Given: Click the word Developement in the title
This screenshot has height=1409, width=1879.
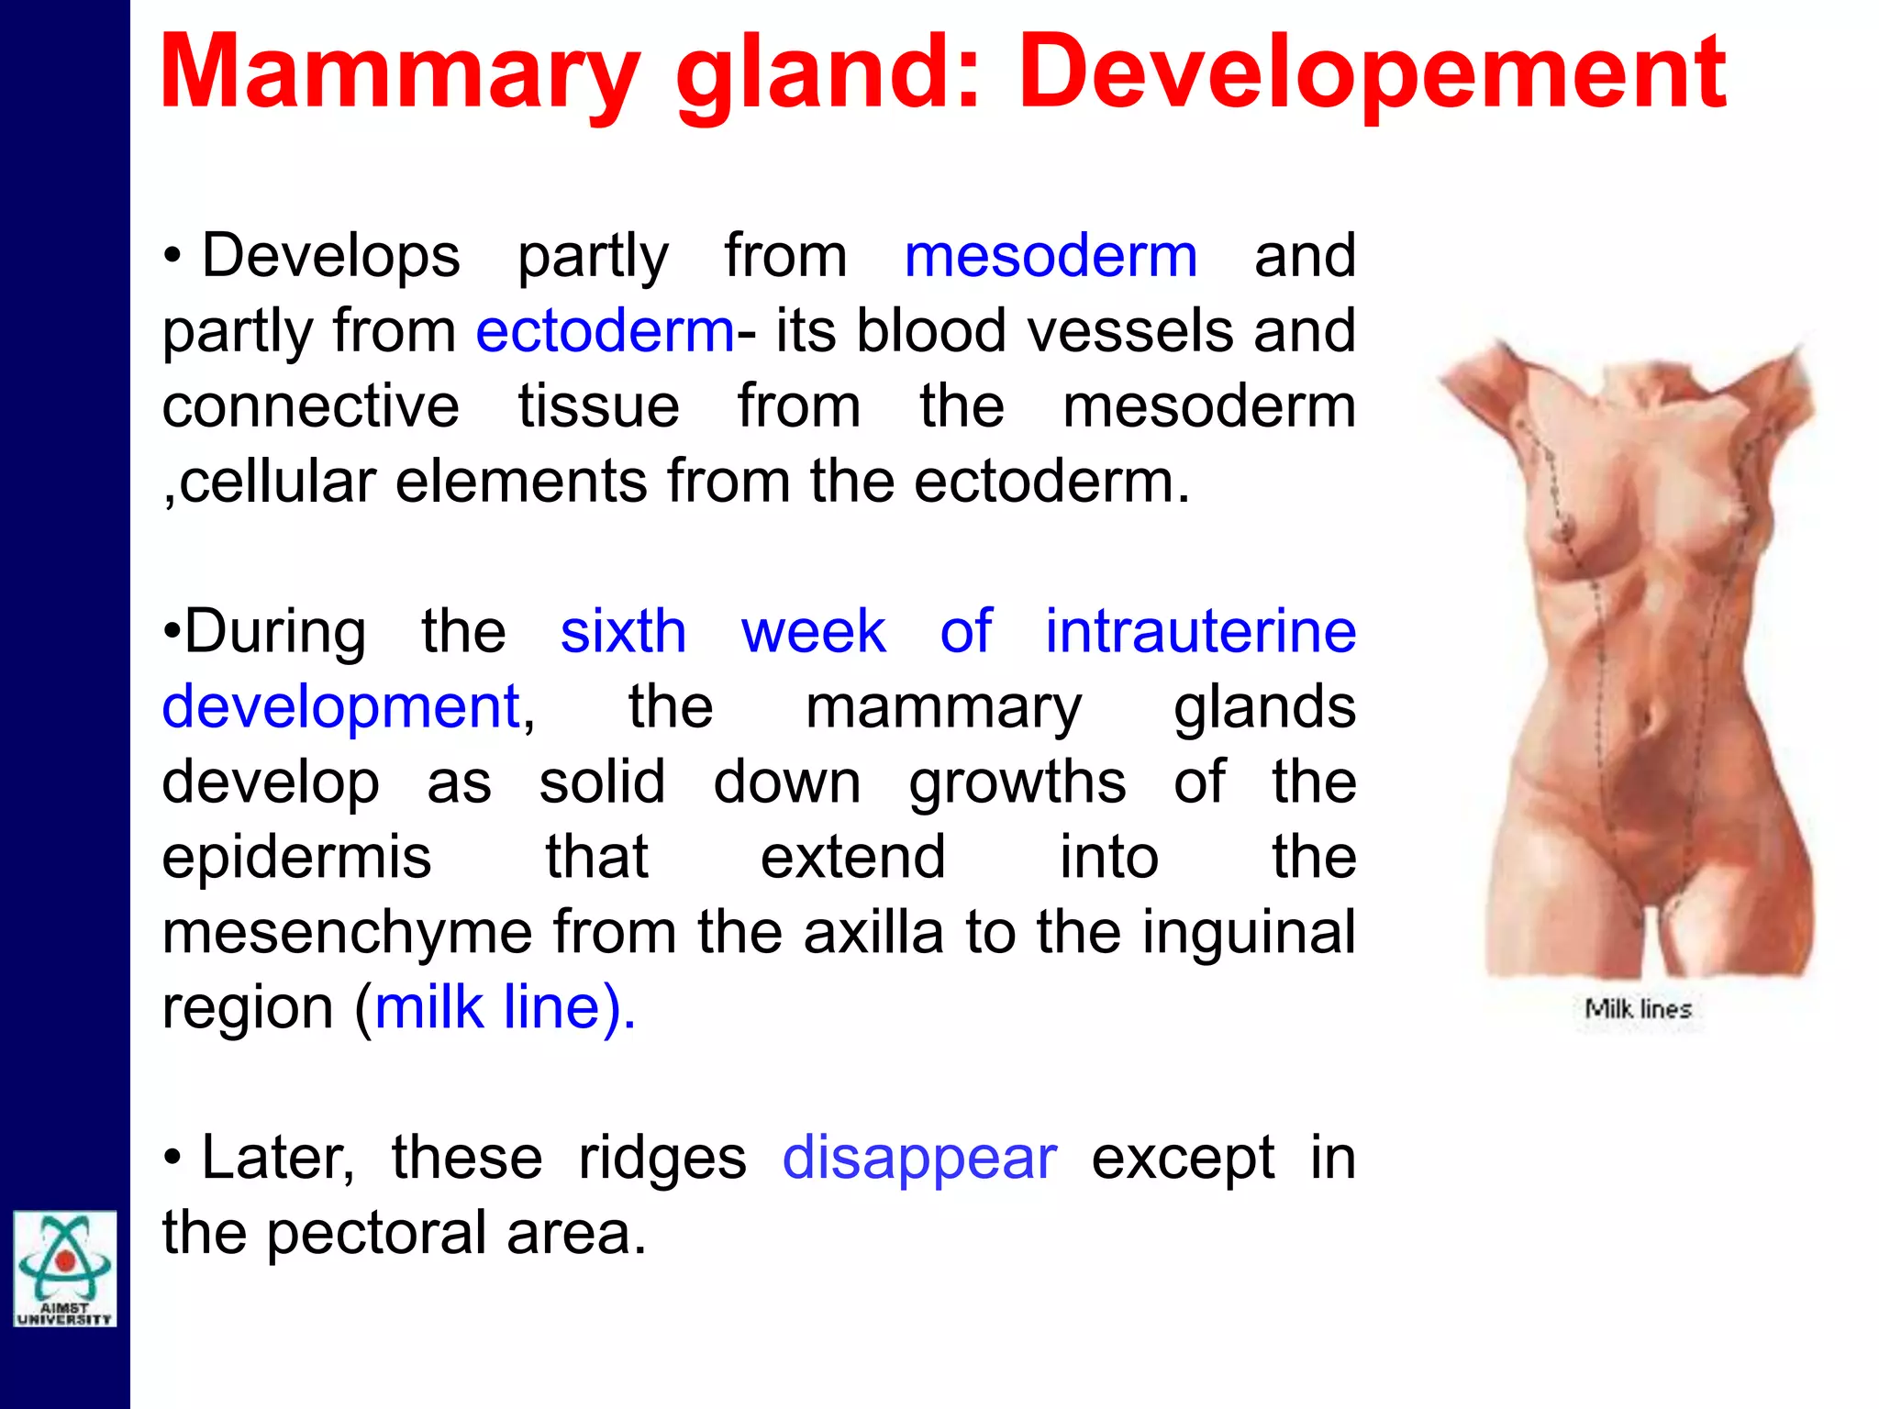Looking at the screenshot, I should coord(1372,73).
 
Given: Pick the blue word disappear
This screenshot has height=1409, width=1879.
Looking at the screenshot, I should coord(919,1158).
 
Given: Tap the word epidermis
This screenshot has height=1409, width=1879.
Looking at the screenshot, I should coord(296,857).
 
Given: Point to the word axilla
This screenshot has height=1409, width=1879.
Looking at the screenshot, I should coord(873,932).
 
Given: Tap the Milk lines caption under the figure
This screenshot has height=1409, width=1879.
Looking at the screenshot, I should coord(1638,1009).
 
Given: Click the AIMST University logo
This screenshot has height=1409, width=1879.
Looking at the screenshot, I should coord(64,1269).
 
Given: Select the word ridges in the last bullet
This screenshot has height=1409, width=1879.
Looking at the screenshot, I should coord(662,1158).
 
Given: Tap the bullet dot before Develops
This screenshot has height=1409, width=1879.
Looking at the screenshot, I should coord(172,257).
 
